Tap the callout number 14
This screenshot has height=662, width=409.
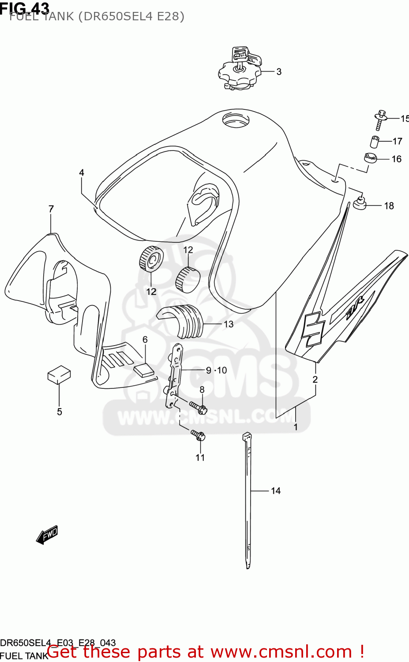(x=276, y=491)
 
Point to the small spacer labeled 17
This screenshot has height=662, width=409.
(x=375, y=142)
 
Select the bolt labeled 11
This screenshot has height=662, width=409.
(x=198, y=435)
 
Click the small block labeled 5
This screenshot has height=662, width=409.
(x=59, y=375)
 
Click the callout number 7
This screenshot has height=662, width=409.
(x=51, y=209)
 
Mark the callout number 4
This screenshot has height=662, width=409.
(x=82, y=173)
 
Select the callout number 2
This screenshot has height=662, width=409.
(x=315, y=380)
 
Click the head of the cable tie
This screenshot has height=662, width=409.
(x=247, y=436)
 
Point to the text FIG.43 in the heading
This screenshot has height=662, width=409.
(x=25, y=8)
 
